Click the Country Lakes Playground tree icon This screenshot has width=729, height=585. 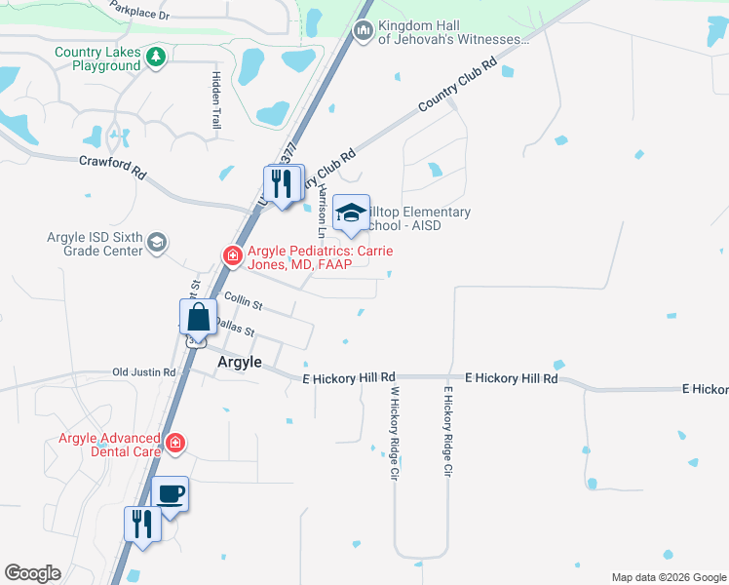(x=156, y=58)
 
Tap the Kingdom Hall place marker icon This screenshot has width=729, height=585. (x=364, y=32)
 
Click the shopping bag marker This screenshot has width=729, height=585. (x=198, y=318)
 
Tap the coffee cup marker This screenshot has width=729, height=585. (x=171, y=494)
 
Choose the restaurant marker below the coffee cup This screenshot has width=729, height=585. (x=142, y=525)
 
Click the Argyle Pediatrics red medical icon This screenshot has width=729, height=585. (x=233, y=256)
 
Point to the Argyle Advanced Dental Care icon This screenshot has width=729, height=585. (x=174, y=444)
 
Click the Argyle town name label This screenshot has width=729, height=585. (x=238, y=362)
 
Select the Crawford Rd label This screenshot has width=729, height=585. (x=112, y=167)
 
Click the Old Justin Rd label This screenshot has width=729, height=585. (x=143, y=372)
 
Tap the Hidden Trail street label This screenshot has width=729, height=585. (x=215, y=99)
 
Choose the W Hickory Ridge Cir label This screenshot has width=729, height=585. (x=395, y=430)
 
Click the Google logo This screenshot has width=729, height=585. (x=32, y=573)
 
